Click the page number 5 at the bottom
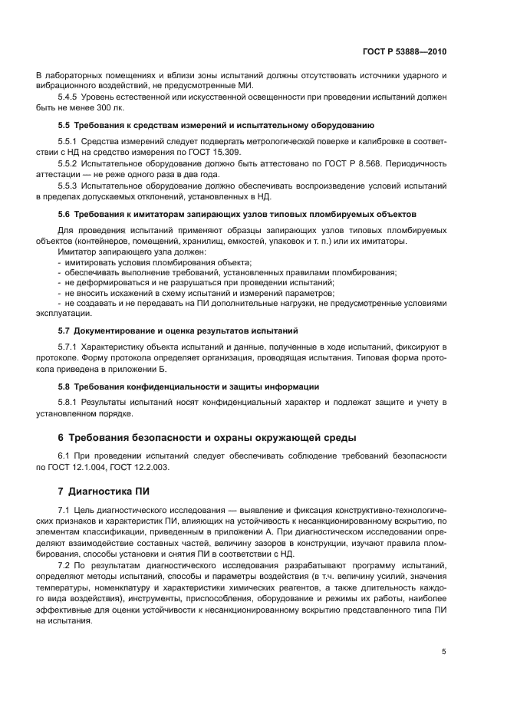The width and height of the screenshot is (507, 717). pos(444,651)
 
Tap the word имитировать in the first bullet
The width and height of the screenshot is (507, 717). pos(88,262)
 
